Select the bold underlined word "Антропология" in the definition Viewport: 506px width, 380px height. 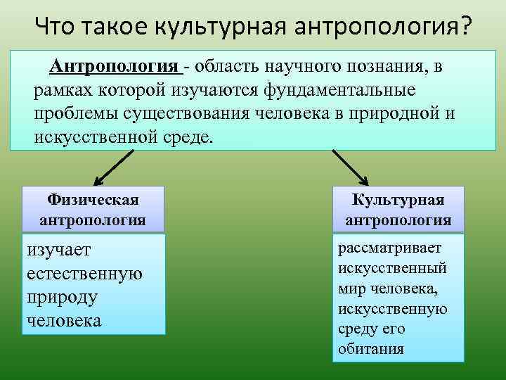tap(113, 67)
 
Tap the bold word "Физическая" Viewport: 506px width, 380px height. tap(93, 201)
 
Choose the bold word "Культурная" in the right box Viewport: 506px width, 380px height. tap(398, 201)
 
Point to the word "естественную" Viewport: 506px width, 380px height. tap(84, 274)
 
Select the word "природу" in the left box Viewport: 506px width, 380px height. tap(61, 297)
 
